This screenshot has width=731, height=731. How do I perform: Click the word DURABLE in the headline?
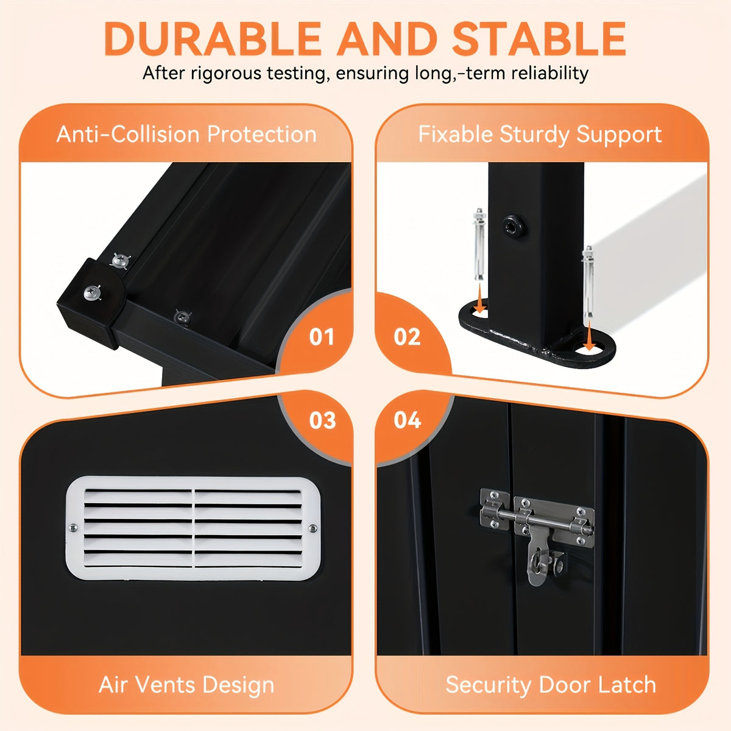coord(213,39)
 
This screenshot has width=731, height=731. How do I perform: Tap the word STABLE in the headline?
coord(539,39)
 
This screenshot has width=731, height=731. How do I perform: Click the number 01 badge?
coord(321,337)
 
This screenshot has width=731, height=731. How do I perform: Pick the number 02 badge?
coord(407,337)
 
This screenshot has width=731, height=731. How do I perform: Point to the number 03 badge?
coord(322,420)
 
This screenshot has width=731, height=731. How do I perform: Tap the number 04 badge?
coord(408,420)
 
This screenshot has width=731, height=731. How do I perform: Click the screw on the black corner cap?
coord(92,293)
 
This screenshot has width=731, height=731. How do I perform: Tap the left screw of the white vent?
coord(73,528)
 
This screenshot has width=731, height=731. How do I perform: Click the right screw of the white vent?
coord(313,528)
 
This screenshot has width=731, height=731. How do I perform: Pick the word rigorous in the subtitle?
coord(226,74)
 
